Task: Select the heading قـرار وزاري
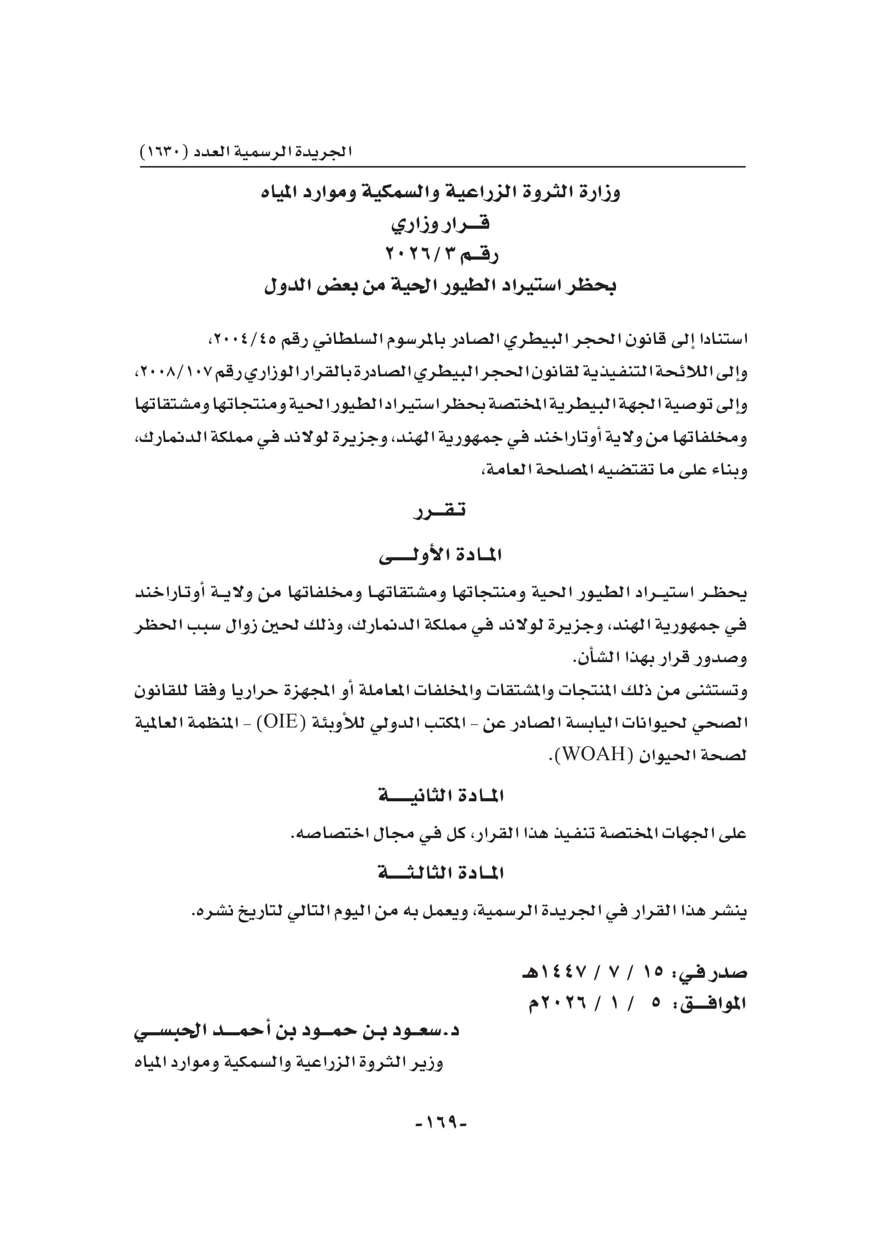pos(440,223)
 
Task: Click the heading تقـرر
pos(440,511)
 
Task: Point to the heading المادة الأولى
pos(440,554)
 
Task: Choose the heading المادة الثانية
pos(440,796)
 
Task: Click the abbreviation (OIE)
pos(282,722)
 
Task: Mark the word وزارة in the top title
pos(600,193)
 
